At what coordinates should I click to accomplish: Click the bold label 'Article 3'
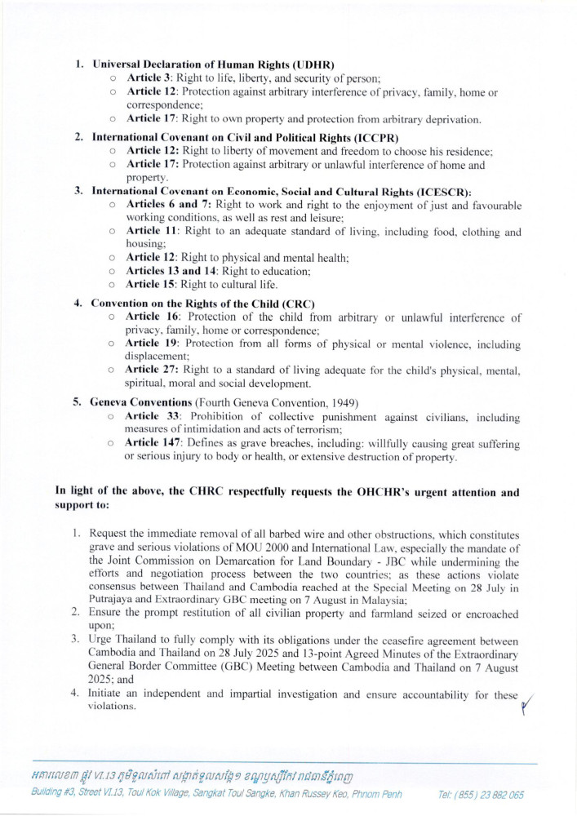(x=149, y=78)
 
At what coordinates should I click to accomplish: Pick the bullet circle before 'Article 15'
(x=111, y=285)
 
